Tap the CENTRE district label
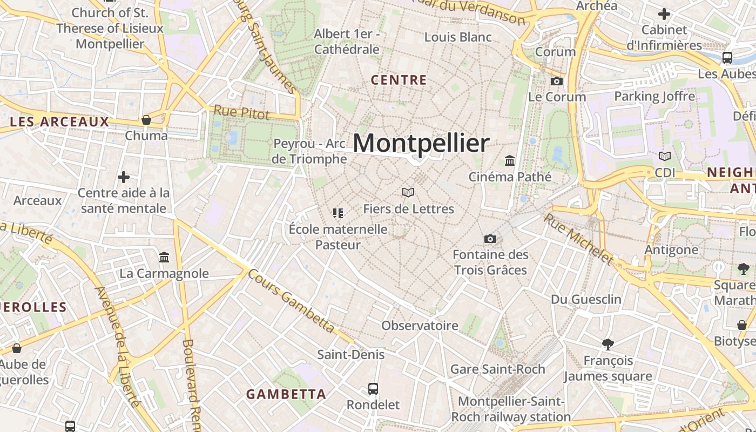pyautogui.click(x=399, y=80)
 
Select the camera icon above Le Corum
pyautogui.click(x=556, y=82)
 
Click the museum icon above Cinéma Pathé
pyautogui.click(x=509, y=160)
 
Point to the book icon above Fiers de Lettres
pyautogui.click(x=408, y=192)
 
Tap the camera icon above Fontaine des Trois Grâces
pyautogui.click(x=490, y=239)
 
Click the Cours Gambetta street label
pyautogui.click(x=291, y=300)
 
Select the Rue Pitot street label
pyautogui.click(x=241, y=112)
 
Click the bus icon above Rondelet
pyautogui.click(x=373, y=388)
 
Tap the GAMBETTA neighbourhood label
pyautogui.click(x=286, y=394)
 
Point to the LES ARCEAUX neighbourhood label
pyautogui.click(x=59, y=122)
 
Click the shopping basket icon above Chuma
pyautogui.click(x=146, y=119)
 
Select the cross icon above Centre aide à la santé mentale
pyautogui.click(x=124, y=177)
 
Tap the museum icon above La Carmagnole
pyautogui.click(x=164, y=257)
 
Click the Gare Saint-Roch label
pyautogui.click(x=497, y=369)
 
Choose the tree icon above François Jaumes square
pyautogui.click(x=608, y=344)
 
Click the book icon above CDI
pyautogui.click(x=665, y=157)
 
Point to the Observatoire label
pyautogui.click(x=420, y=326)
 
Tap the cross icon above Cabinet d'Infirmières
pyautogui.click(x=664, y=14)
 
